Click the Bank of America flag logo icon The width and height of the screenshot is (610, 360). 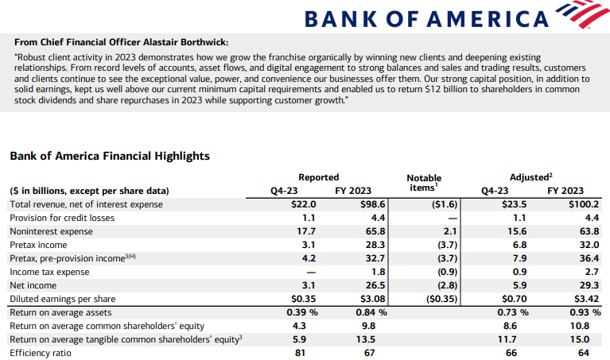pos(582,14)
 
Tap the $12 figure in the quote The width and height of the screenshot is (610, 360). pos(433,90)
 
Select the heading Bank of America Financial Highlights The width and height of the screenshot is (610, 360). pos(110,156)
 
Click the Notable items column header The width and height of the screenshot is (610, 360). pos(424,183)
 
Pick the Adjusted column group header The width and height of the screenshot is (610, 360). pos(531,177)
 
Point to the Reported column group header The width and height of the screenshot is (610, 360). pos(319,177)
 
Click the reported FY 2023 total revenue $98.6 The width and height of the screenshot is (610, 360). pos(372,204)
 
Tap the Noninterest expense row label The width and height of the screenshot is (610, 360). pos(52,231)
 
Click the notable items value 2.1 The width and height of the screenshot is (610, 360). pos(450,231)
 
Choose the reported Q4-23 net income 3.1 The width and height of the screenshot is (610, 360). pos(309,285)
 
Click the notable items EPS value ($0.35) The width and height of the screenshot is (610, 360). pos(442,299)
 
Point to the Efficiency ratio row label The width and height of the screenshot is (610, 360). pos(41,353)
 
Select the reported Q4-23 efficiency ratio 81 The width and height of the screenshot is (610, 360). pos(300,353)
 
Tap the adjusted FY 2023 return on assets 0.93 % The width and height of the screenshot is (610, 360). pos(585,312)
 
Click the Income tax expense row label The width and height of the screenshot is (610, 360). pos(49,272)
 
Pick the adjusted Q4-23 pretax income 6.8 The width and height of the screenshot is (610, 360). pos(520,245)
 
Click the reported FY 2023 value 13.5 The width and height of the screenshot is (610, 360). pos(366,339)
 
